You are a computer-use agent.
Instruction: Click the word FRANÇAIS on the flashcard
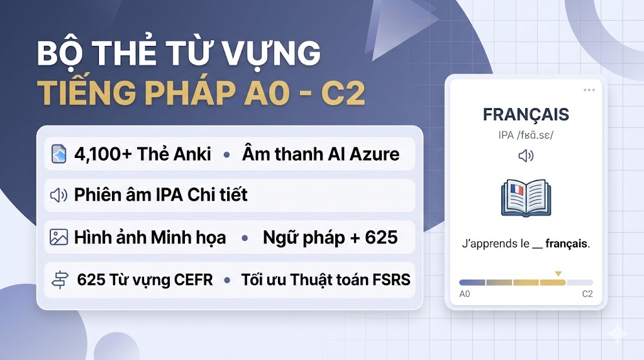coord(526,115)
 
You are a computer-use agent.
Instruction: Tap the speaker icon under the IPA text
coord(526,155)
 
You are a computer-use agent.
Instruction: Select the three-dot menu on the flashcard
coord(589,90)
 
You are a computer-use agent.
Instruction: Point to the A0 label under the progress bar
coord(465,294)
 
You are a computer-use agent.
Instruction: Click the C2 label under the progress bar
coord(587,294)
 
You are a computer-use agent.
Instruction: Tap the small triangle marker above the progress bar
coord(557,274)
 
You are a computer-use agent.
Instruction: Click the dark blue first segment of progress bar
coord(472,283)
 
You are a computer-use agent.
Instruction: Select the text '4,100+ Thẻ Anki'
coord(142,154)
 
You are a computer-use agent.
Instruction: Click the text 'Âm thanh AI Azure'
coord(321,154)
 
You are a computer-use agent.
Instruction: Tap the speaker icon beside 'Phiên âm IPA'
coord(58,195)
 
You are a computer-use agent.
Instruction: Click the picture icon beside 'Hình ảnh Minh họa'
coord(58,237)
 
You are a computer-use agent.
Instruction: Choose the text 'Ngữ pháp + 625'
coord(330,237)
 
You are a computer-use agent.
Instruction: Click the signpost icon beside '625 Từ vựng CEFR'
coord(58,279)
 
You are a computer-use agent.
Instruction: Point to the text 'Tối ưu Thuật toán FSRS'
coord(326,279)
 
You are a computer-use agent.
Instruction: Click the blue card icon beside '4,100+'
coord(59,154)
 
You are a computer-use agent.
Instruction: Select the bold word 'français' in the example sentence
coord(567,244)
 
